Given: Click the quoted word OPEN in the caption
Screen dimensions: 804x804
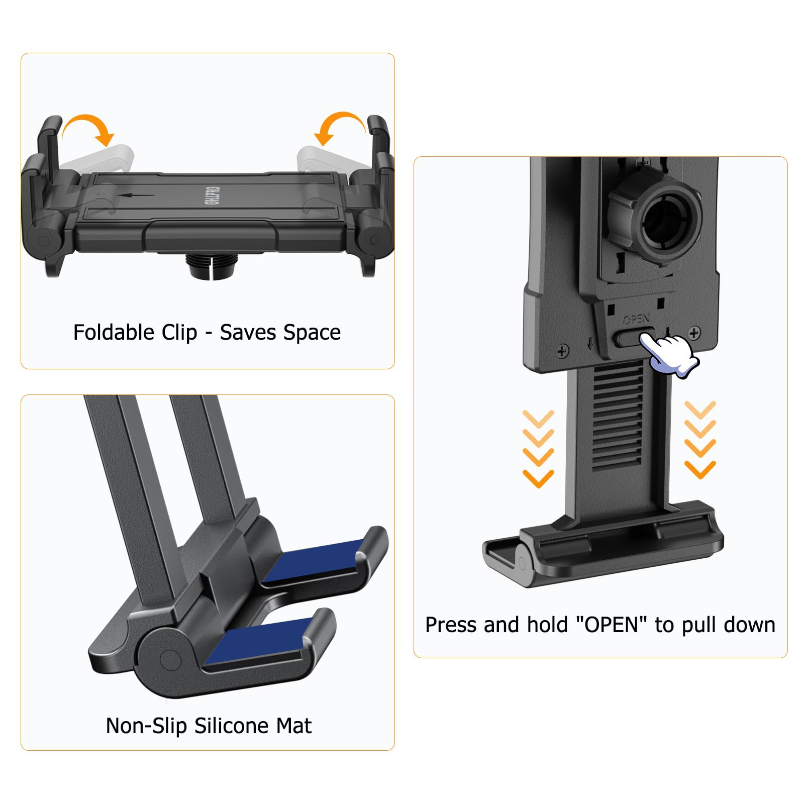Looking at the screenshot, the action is pos(611,625).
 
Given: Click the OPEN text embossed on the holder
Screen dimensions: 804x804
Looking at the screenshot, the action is pos(636,319).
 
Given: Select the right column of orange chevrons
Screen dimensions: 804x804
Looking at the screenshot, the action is pos(700,440).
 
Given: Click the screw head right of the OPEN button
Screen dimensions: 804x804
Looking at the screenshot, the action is pos(694,333).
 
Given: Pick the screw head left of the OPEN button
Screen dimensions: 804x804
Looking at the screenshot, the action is pos(563,350).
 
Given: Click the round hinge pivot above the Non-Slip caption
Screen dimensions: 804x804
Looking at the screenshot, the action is pos(169,658).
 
